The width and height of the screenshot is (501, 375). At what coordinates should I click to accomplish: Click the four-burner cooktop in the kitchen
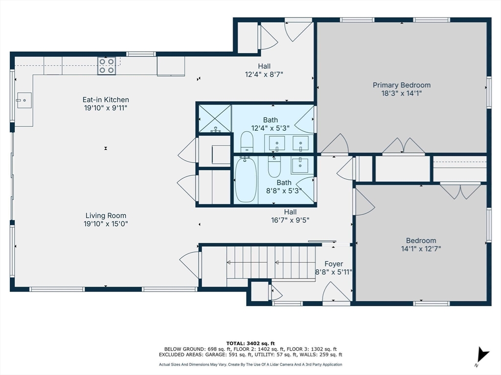[x=107, y=66]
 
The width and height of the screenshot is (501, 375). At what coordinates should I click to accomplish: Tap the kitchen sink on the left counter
[x=24, y=101]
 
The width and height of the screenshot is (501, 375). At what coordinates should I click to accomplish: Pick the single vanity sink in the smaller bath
[x=299, y=165]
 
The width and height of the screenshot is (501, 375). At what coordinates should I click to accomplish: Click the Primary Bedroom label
[x=402, y=85]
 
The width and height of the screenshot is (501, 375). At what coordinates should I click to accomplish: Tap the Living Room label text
[x=106, y=215]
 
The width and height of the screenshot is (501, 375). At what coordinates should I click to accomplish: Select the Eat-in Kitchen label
[x=106, y=100]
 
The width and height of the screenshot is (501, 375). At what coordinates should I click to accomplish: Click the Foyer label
[x=334, y=264]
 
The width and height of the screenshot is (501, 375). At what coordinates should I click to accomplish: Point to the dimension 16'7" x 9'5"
[x=291, y=220]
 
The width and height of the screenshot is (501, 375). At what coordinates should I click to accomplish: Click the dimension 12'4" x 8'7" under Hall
[x=265, y=74]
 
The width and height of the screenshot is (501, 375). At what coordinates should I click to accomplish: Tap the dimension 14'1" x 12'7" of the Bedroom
[x=421, y=249]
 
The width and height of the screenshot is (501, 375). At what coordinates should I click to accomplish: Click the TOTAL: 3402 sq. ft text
[x=250, y=343]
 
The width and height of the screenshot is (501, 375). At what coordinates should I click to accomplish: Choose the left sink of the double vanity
[x=277, y=143]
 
